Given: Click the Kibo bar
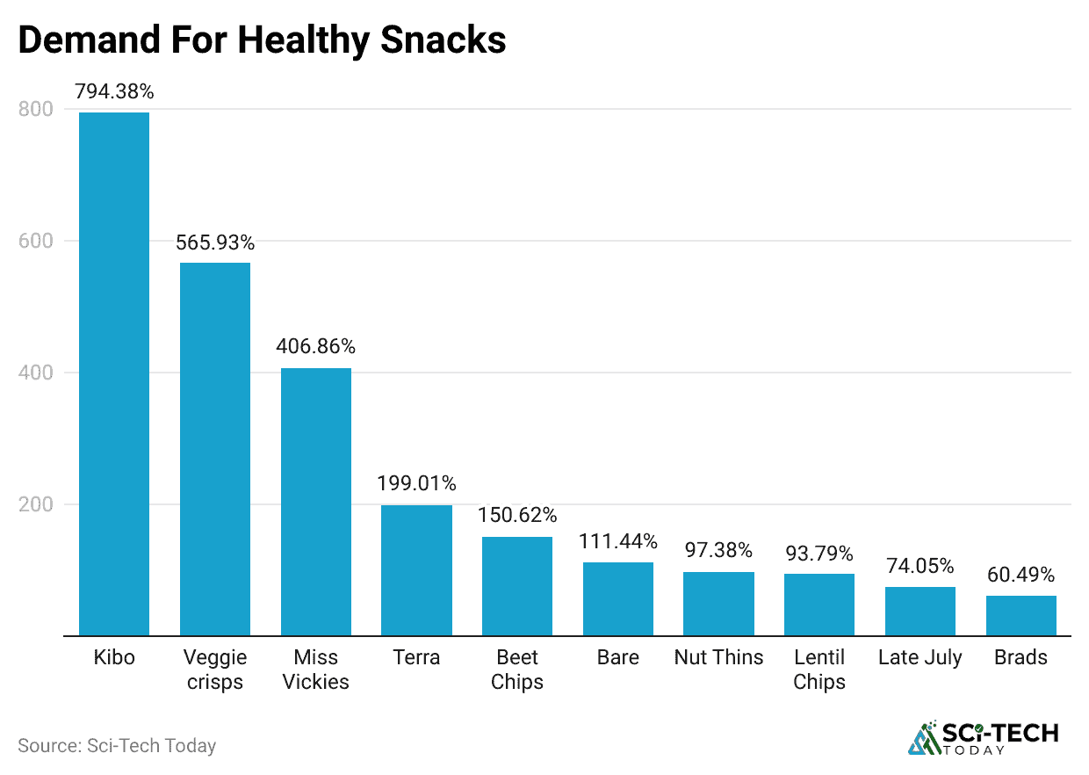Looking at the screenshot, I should pos(114,373).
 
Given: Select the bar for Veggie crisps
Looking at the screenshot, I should pos(215,449).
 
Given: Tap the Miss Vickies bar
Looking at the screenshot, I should pos(316,502).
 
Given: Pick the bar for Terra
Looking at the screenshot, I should pos(416,570).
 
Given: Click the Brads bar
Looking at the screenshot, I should pos(1021,616).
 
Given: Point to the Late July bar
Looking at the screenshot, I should pos(920,612).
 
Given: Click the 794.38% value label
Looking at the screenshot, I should pos(114,91).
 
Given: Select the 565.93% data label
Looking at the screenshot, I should pos(215,243).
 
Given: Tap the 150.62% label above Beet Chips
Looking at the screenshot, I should pos(517,515).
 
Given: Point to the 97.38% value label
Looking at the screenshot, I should pos(718,551).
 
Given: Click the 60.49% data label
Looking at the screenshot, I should pos(1021,575).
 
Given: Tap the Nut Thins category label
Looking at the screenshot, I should pos(718,657).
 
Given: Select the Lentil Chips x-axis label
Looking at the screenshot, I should pos(819,670).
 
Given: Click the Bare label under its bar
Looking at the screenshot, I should pos(617,657).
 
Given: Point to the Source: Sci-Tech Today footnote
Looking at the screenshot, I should pos(117,746).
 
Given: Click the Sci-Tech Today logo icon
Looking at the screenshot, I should pos(923,739).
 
